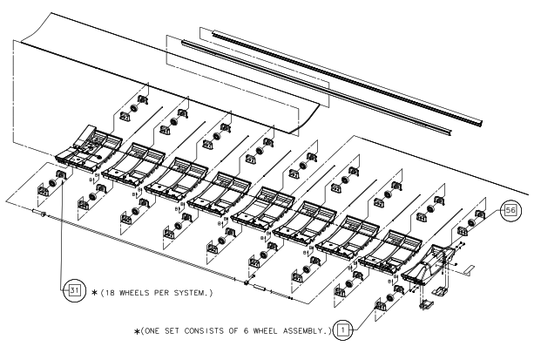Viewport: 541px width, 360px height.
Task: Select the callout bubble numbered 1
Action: point(344,329)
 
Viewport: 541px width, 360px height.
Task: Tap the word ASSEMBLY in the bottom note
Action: point(299,329)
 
